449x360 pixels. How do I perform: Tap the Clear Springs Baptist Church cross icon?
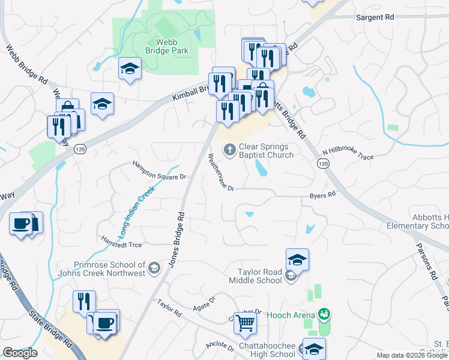pos(229,150)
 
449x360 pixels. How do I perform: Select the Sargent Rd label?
pos(375,18)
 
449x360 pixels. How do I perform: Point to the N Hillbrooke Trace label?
pos(348,154)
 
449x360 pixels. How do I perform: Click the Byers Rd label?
pos(322,196)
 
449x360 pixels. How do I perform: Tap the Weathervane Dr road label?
pos(220,172)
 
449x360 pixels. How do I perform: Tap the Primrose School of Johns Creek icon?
pos(155,268)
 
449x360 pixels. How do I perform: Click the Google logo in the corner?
pos(20,353)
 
